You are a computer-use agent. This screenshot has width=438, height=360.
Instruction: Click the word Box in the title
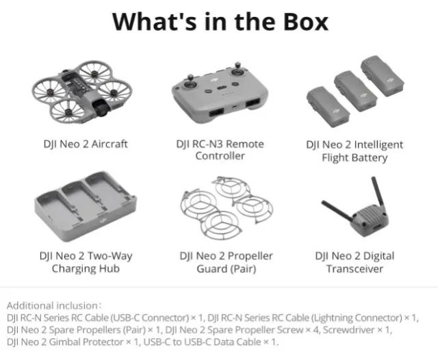(x=306, y=22)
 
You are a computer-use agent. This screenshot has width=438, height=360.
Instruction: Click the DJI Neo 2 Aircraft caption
(x=86, y=144)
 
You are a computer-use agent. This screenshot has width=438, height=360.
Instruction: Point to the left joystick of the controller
(x=191, y=83)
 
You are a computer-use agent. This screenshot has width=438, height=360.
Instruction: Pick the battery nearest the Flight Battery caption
(x=328, y=107)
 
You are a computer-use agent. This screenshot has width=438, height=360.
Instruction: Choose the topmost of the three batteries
(x=383, y=76)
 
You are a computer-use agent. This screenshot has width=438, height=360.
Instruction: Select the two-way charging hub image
(x=86, y=206)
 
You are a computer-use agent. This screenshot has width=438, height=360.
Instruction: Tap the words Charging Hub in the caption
(x=86, y=269)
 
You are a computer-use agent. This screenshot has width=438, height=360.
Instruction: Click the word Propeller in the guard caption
(x=250, y=256)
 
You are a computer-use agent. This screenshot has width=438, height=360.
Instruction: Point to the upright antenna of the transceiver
(x=378, y=194)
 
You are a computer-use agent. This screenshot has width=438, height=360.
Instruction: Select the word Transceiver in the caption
(x=355, y=269)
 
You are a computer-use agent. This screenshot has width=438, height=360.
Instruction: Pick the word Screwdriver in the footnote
(x=348, y=330)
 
